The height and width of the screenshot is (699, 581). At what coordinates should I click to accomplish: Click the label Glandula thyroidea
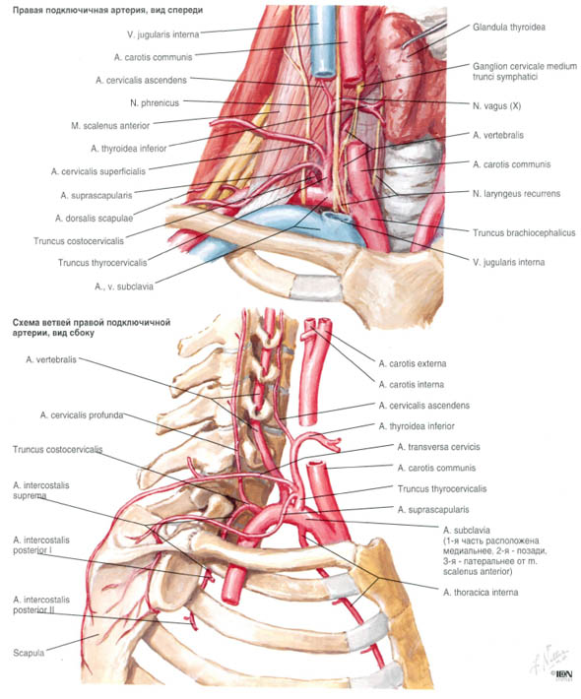509,28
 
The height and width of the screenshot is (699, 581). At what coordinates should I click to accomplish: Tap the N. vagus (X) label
496,106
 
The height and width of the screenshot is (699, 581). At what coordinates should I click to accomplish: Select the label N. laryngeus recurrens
516,194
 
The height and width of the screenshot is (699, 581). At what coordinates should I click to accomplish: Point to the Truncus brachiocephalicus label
524,232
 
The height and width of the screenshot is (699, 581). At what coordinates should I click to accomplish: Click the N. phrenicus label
155,103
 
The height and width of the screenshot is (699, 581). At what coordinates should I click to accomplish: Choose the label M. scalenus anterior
110,126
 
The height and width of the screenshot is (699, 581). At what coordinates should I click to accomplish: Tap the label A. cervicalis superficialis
98,171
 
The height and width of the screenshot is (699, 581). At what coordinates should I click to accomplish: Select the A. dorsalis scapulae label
95,219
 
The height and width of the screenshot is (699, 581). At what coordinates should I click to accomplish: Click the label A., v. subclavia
123,286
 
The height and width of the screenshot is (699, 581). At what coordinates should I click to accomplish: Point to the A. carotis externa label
413,363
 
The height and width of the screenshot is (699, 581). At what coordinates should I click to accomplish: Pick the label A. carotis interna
411,384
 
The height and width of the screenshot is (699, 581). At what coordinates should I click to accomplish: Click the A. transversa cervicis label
438,447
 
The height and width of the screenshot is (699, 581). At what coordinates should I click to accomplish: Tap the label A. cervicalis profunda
82,415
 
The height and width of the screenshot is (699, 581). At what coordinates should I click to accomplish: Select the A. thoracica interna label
481,593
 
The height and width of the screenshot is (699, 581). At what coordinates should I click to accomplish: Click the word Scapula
29,653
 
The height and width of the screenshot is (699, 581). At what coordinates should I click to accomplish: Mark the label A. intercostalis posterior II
41,604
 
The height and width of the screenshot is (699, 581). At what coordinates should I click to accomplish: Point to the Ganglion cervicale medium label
525,66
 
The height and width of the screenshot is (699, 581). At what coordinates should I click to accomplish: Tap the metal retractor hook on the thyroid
423,34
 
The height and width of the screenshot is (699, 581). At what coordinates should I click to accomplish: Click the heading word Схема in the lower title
26,322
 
